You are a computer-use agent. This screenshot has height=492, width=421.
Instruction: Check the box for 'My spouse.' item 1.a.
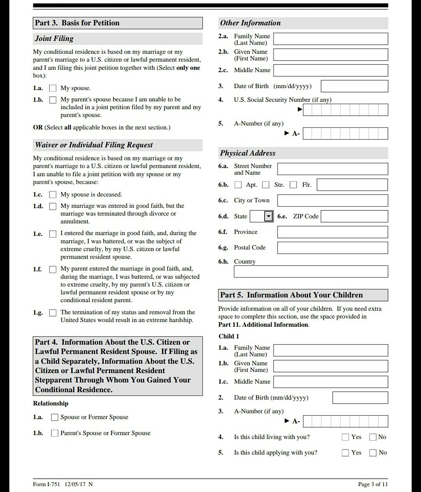(53, 88)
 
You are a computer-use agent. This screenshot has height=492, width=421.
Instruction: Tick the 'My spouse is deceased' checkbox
(53, 195)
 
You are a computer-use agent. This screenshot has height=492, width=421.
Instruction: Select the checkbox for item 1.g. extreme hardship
(53, 313)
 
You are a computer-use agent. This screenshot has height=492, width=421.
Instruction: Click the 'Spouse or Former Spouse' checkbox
(55, 418)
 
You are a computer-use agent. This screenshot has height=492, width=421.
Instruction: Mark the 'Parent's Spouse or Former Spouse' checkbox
(55, 433)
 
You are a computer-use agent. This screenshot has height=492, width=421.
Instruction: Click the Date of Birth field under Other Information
(354, 86)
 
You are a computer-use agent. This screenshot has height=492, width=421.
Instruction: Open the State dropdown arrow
(269, 216)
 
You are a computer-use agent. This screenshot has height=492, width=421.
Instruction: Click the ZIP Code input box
(354, 216)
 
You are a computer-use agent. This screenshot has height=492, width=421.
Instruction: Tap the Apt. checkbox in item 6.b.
(238, 185)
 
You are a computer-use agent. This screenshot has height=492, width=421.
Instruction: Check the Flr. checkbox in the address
(294, 185)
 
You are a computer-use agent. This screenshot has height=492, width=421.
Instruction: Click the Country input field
(311, 271)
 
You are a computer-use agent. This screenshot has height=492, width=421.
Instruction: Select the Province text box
(332, 232)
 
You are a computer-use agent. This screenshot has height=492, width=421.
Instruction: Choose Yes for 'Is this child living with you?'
(345, 437)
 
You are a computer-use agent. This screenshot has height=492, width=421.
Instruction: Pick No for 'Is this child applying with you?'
(373, 453)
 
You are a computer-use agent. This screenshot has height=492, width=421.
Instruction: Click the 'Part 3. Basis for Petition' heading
(77, 23)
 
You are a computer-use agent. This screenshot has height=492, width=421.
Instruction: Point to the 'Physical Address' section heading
(248, 153)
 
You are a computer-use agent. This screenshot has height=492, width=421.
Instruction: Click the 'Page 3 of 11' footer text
(373, 484)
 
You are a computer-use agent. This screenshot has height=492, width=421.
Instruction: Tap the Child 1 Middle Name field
(330, 382)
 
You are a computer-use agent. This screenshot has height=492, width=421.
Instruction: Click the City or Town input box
(332, 200)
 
